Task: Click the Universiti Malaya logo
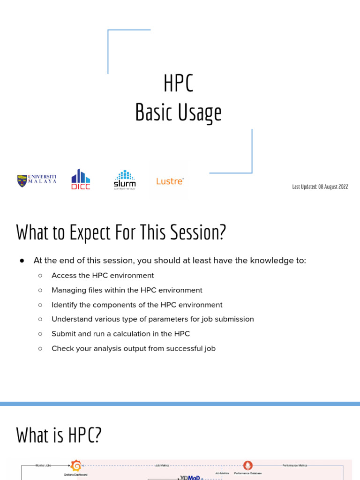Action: [37, 180]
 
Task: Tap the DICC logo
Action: [81, 180]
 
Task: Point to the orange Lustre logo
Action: [170, 181]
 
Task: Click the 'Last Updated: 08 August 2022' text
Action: [320, 187]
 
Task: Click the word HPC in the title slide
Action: [178, 84]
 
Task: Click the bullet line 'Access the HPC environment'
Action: [102, 276]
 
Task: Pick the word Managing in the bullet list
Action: [68, 290]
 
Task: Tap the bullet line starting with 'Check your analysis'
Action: [133, 348]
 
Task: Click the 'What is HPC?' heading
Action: [59, 435]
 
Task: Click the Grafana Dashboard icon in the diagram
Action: [75, 466]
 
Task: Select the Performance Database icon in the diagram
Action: [248, 465]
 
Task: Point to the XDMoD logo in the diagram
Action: [190, 478]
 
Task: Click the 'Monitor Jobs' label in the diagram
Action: [45, 465]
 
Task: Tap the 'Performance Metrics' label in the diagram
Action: [294, 465]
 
